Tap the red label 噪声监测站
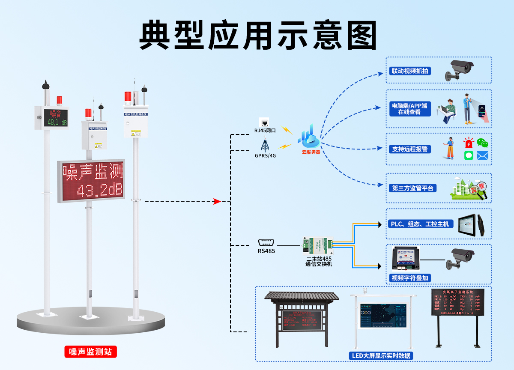(x=90, y=352)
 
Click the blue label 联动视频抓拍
(x=409, y=71)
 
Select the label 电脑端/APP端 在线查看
(x=409, y=109)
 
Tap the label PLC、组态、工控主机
(x=420, y=224)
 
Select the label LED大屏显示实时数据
(x=380, y=355)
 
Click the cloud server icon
(x=311, y=137)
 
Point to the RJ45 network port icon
(x=264, y=122)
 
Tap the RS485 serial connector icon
(x=266, y=242)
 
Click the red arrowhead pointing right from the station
(x=217, y=201)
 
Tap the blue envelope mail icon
(x=482, y=155)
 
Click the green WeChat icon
(x=483, y=143)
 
